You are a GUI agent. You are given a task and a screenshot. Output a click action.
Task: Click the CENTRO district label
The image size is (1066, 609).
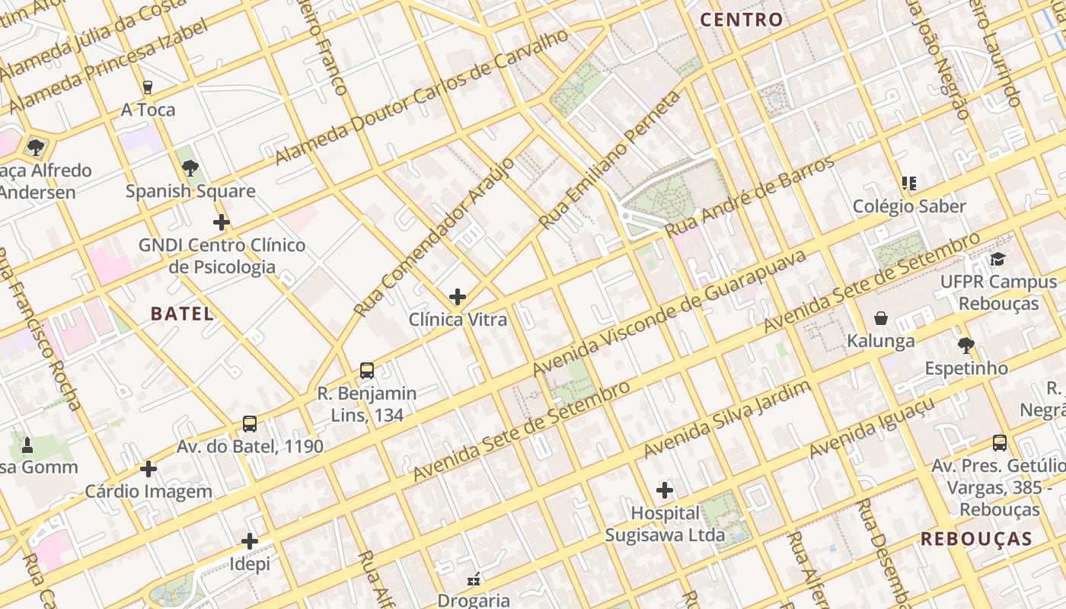[x=741, y=20]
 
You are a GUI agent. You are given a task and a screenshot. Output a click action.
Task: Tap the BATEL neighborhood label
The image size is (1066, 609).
[x=182, y=314]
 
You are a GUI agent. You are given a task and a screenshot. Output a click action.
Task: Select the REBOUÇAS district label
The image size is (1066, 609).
[x=975, y=539]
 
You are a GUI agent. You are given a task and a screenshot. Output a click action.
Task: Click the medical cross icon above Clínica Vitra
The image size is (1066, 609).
[x=458, y=296]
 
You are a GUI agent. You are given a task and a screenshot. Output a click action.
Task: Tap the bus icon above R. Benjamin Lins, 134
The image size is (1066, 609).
[x=367, y=371]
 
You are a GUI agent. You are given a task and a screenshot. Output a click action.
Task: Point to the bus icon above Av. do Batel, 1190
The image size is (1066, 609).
[x=249, y=424]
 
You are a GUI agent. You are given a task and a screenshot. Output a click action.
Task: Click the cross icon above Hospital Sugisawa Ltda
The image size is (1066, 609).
[x=665, y=490]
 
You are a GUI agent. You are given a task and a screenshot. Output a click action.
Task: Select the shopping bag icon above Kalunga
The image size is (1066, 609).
[x=881, y=318]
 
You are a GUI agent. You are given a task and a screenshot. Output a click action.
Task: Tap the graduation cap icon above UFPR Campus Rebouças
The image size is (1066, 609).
[x=997, y=260]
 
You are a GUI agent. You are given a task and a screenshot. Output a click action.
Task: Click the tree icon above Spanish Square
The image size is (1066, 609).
[x=190, y=167]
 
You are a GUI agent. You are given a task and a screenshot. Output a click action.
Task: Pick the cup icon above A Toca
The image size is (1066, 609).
[x=148, y=88]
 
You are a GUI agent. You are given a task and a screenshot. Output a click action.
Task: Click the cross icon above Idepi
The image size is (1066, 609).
[x=249, y=542]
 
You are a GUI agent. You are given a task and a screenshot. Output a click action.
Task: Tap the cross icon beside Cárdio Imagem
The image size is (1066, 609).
[x=148, y=469]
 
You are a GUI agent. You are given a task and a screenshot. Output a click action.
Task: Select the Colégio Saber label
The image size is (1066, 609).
[x=909, y=206]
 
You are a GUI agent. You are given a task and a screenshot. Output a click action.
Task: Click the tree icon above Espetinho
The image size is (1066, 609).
[x=966, y=346]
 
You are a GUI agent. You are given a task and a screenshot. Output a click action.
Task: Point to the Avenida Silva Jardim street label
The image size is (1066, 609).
[x=727, y=420]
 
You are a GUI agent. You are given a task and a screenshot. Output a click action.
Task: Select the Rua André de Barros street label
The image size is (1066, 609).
[x=749, y=196]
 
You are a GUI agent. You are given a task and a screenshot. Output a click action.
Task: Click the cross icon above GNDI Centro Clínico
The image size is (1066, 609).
[x=222, y=222]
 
